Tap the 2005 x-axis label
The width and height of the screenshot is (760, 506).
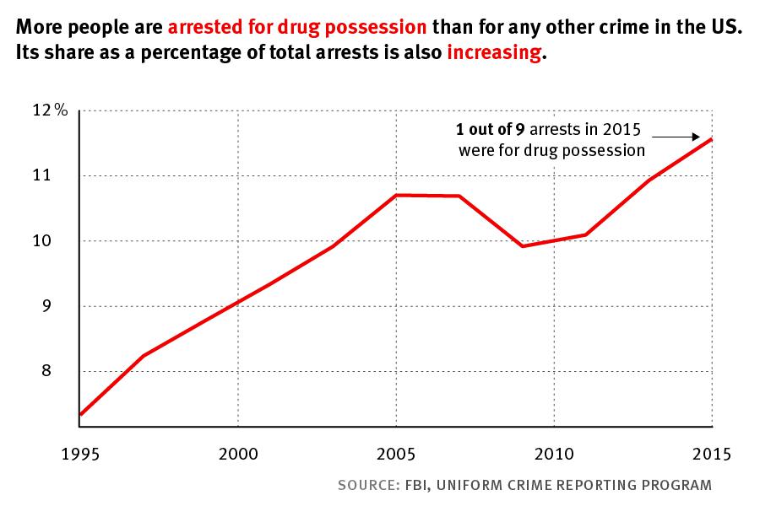[x=395, y=454]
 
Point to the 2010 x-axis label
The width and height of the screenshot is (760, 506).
[x=553, y=454]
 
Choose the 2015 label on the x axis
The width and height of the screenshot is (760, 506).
[x=710, y=454]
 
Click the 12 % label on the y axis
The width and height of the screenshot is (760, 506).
[x=50, y=110]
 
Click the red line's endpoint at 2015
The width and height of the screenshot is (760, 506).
[x=712, y=138]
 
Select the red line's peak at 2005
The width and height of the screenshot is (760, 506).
[x=396, y=195]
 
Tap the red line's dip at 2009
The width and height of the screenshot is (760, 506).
[x=523, y=246]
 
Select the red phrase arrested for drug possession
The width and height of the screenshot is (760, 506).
[x=297, y=26]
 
